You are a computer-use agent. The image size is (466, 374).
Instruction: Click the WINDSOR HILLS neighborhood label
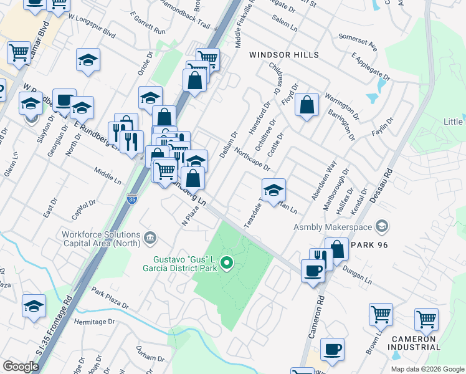click(284, 55)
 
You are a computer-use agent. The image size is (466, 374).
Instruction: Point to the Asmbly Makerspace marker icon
click(383, 226)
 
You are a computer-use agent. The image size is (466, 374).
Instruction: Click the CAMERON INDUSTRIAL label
click(416, 342)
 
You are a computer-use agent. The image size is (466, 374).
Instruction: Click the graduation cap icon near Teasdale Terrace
click(273, 191)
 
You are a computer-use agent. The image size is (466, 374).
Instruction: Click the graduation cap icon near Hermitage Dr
click(34, 306)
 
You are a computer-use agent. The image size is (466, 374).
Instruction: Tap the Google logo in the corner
click(21, 367)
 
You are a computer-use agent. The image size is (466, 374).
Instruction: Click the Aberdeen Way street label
click(324, 180)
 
